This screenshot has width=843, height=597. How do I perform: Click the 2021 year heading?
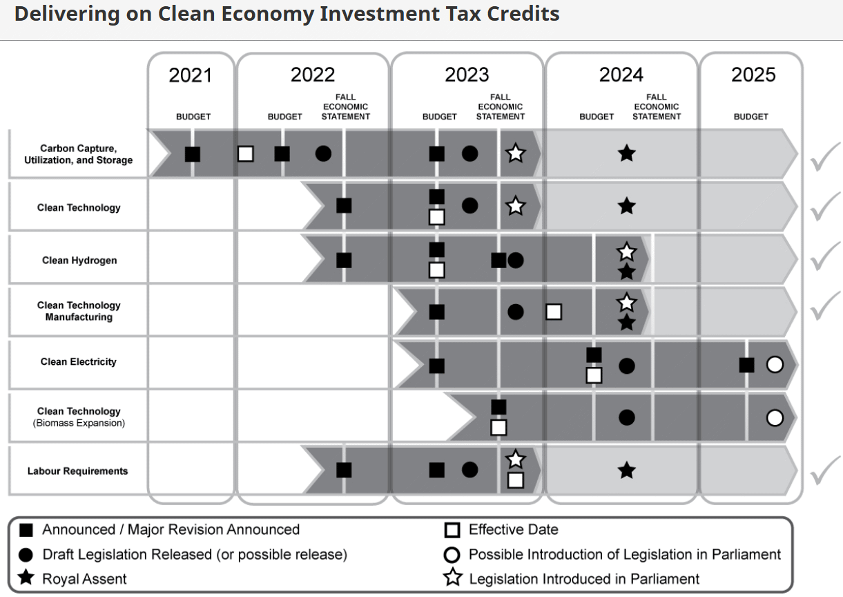click(191, 75)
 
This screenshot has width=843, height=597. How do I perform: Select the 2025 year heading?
click(753, 75)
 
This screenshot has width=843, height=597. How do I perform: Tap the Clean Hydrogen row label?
click(79, 260)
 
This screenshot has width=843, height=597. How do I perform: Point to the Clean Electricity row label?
click(79, 361)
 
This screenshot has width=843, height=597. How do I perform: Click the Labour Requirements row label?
click(78, 471)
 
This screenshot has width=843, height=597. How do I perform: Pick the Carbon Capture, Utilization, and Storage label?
click(78, 154)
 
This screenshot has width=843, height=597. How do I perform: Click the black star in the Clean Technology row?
click(626, 206)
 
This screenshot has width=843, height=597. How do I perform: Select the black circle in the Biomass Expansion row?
click(626, 417)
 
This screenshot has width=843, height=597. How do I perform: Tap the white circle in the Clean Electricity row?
click(775, 364)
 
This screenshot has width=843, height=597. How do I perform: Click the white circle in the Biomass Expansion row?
click(775, 417)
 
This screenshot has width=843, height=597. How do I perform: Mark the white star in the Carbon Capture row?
click(515, 153)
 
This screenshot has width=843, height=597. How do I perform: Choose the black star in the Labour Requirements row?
click(626, 471)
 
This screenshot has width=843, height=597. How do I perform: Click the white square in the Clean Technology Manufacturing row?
click(553, 312)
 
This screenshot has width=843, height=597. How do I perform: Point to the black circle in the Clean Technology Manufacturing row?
click(515, 312)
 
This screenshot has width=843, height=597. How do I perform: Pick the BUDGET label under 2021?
click(193, 117)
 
